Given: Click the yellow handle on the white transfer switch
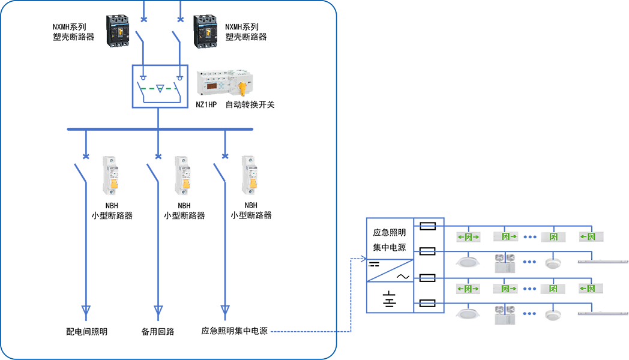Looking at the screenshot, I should pos(242,89).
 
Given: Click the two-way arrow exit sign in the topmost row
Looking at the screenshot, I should pos(468,238).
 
